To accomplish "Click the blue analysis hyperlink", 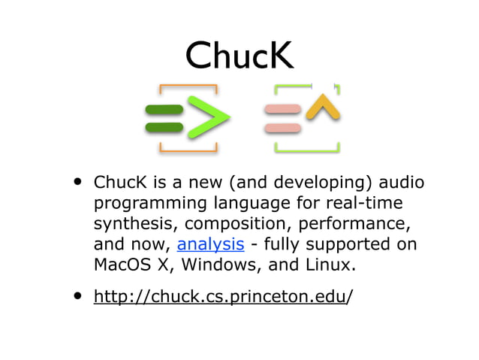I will (x=210, y=244).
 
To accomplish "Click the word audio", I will (x=401, y=183).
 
